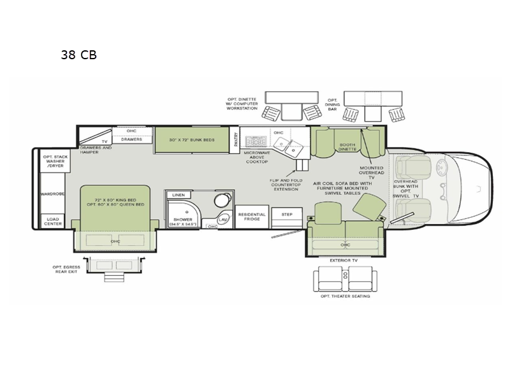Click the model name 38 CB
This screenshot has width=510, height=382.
[78, 55]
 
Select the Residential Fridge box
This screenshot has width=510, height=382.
[251, 216]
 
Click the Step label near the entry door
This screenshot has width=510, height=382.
[287, 215]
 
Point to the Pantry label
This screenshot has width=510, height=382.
[236, 139]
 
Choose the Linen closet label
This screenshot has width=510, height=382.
[178, 195]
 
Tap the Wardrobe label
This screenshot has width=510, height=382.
[51, 193]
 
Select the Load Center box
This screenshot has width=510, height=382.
[52, 221]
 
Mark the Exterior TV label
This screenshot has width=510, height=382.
[345, 260]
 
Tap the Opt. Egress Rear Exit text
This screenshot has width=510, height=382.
[68, 270]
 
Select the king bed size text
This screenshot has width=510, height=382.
[115, 202]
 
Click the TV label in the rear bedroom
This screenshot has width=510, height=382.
[104, 141]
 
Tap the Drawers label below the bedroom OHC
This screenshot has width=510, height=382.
[131, 139]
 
